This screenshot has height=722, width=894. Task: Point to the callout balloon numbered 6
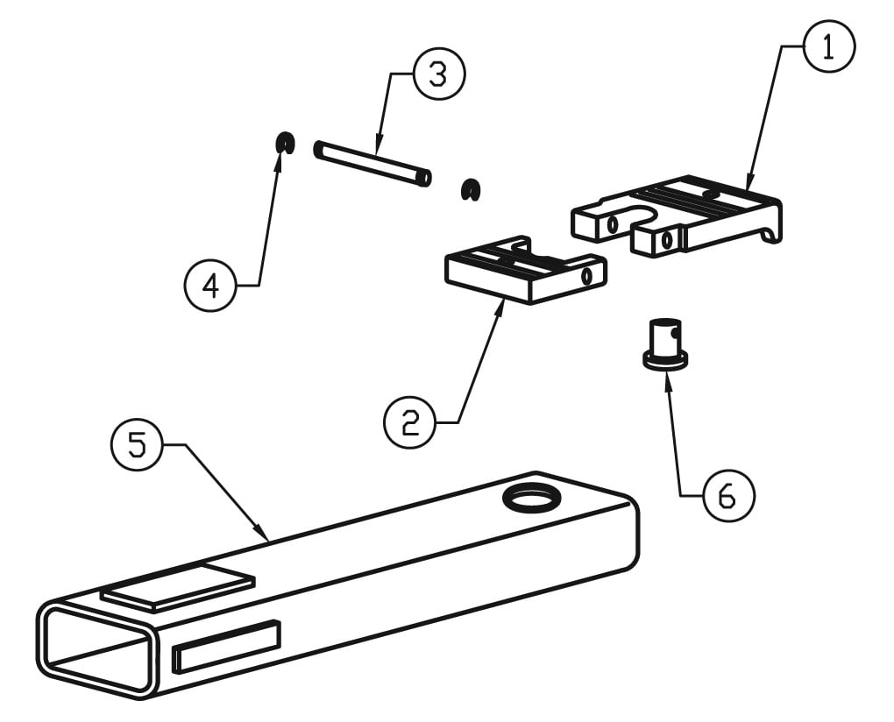click(x=727, y=496)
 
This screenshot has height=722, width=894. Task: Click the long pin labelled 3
click(x=372, y=163)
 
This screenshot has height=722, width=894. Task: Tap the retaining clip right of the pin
click(x=472, y=188)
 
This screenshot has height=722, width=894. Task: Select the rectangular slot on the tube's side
click(x=226, y=646)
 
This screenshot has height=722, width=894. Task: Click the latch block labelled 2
click(x=521, y=273)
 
